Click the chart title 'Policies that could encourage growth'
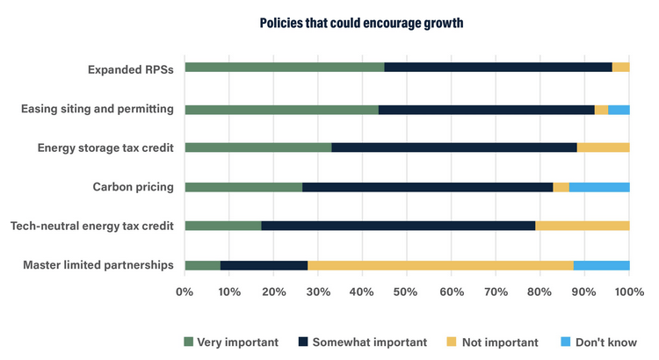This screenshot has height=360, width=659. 361,23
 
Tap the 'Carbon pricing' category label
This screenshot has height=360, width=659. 133,186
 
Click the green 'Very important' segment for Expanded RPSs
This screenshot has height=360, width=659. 285,67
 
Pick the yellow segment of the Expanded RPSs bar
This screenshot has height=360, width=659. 620,67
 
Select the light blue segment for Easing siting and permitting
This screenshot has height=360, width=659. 619,110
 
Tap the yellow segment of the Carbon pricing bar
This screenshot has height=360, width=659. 561,187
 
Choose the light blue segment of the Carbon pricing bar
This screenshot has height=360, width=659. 599,187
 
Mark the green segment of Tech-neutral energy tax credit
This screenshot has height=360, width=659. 223,226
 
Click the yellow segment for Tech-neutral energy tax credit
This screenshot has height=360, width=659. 582,226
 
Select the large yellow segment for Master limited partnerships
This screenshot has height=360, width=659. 440,265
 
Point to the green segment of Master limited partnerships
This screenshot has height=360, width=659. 202,265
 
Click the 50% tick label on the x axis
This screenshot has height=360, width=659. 407,291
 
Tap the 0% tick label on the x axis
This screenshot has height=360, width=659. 185,291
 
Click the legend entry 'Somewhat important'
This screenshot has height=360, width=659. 363,342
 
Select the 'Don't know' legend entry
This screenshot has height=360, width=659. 599,342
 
